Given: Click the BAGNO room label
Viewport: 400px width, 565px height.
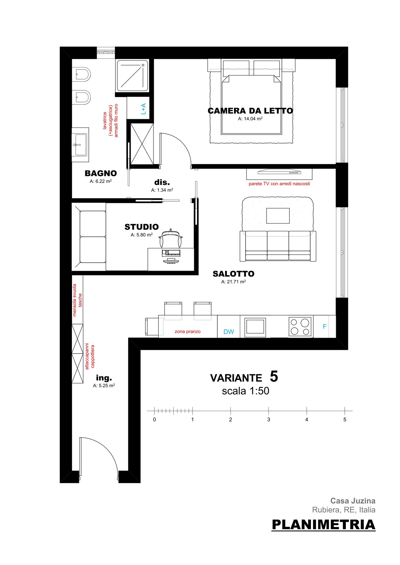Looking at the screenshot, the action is click(x=101, y=173).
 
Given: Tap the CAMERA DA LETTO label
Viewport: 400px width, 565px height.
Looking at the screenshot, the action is click(x=250, y=111).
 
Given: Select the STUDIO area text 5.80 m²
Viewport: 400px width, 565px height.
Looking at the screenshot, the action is click(x=142, y=235).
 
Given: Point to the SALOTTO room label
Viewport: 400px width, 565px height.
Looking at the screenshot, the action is click(x=233, y=274).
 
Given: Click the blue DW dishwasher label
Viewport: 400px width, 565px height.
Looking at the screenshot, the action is click(x=229, y=332).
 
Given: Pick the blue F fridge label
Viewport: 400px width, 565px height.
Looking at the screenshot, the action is click(x=325, y=327).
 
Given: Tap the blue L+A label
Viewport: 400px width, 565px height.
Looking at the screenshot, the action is click(x=143, y=109).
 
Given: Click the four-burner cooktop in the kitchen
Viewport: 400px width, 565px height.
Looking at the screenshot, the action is click(x=300, y=327).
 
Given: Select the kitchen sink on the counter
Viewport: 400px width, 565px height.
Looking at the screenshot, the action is click(x=255, y=327).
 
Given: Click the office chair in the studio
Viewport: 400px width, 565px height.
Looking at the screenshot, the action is click(x=171, y=239).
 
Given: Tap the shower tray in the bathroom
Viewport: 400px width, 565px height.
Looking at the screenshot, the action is click(x=133, y=75).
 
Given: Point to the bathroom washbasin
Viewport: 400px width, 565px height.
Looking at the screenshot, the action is click(x=80, y=145).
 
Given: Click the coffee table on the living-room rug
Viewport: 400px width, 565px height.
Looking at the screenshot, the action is click(x=278, y=216).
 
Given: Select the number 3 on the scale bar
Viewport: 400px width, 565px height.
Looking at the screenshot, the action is click(x=269, y=420).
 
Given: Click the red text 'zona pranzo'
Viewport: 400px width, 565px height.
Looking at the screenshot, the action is click(x=187, y=332).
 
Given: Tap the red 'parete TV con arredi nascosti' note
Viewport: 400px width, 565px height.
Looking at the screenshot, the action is click(x=279, y=184).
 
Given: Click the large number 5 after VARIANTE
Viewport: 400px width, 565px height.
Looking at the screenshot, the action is click(x=274, y=376).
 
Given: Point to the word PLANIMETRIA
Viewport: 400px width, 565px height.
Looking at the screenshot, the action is click(x=323, y=525).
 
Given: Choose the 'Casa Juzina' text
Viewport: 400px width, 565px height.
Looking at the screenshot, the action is click(x=353, y=501).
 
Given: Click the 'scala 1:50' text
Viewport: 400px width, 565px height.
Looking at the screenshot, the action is click(x=246, y=391).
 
